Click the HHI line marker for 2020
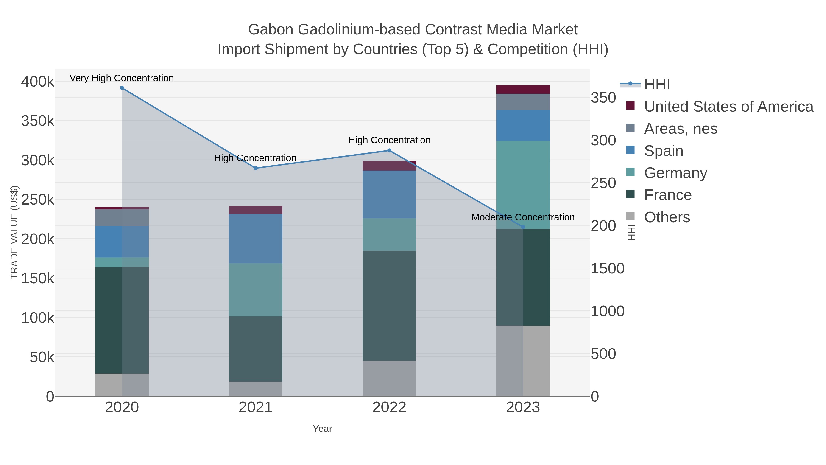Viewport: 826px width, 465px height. coord(122,88)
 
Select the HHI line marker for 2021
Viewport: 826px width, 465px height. coord(256,168)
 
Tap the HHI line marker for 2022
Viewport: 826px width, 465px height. coord(389,150)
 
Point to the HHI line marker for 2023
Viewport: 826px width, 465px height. coord(523,227)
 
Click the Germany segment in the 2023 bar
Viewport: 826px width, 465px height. coord(523,185)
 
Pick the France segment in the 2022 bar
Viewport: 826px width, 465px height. coord(389,305)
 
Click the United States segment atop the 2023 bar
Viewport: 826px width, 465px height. coord(523,90)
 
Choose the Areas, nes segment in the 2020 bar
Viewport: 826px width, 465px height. coord(122,218)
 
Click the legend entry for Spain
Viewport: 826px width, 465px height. coord(663,151)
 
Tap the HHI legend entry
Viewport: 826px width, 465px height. coord(657,85)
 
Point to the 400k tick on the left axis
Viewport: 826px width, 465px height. coord(38,82)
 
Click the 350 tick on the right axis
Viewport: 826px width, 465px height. coord(603,98)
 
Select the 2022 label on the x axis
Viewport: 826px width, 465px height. coord(389,408)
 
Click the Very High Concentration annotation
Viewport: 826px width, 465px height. coord(122,78)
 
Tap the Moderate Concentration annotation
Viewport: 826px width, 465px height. coord(523,217)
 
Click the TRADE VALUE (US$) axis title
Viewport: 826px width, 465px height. coord(14,232)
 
